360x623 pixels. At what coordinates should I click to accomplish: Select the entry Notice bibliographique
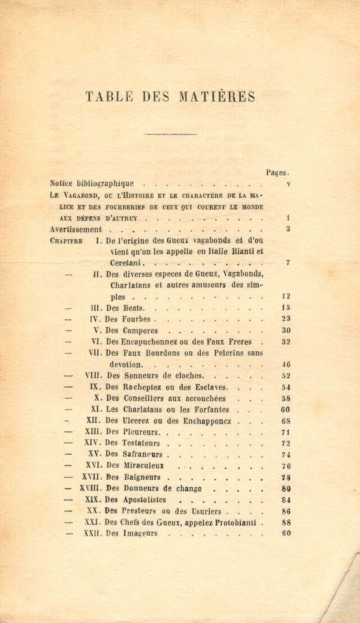[92, 184]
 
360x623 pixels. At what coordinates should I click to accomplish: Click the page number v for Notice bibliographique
[288, 184]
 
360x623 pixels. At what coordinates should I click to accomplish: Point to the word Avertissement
[76, 229]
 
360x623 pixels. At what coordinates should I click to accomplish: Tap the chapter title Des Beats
[125, 308]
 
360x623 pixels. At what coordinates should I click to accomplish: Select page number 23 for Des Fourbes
[285, 319]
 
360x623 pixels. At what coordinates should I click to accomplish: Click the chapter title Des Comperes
[131, 330]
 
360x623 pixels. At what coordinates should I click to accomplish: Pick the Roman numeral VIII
[92, 376]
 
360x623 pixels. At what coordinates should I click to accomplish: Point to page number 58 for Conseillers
[285, 398]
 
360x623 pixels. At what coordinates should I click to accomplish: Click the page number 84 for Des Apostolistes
[285, 500]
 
